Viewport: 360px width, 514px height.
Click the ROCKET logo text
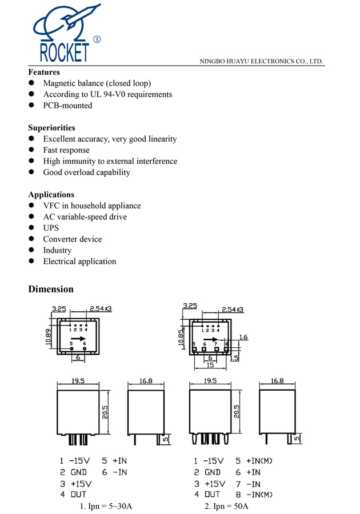[x=64, y=52]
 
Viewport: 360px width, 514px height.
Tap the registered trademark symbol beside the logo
[x=97, y=39]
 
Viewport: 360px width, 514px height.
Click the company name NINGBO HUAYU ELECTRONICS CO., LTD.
[x=261, y=61]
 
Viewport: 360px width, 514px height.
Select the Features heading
[x=44, y=73]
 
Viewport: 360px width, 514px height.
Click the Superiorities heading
[x=51, y=128]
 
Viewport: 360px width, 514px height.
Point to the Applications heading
[x=51, y=195]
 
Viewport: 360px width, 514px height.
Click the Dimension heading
[x=51, y=289]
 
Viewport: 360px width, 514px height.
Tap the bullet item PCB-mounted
[x=67, y=106]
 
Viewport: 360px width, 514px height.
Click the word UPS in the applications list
[x=51, y=228]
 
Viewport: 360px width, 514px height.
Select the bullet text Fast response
[x=66, y=150]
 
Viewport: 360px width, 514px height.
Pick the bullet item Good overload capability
[x=86, y=172]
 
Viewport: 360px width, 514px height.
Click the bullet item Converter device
[x=72, y=239]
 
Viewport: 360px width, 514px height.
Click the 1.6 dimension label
[x=244, y=338]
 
